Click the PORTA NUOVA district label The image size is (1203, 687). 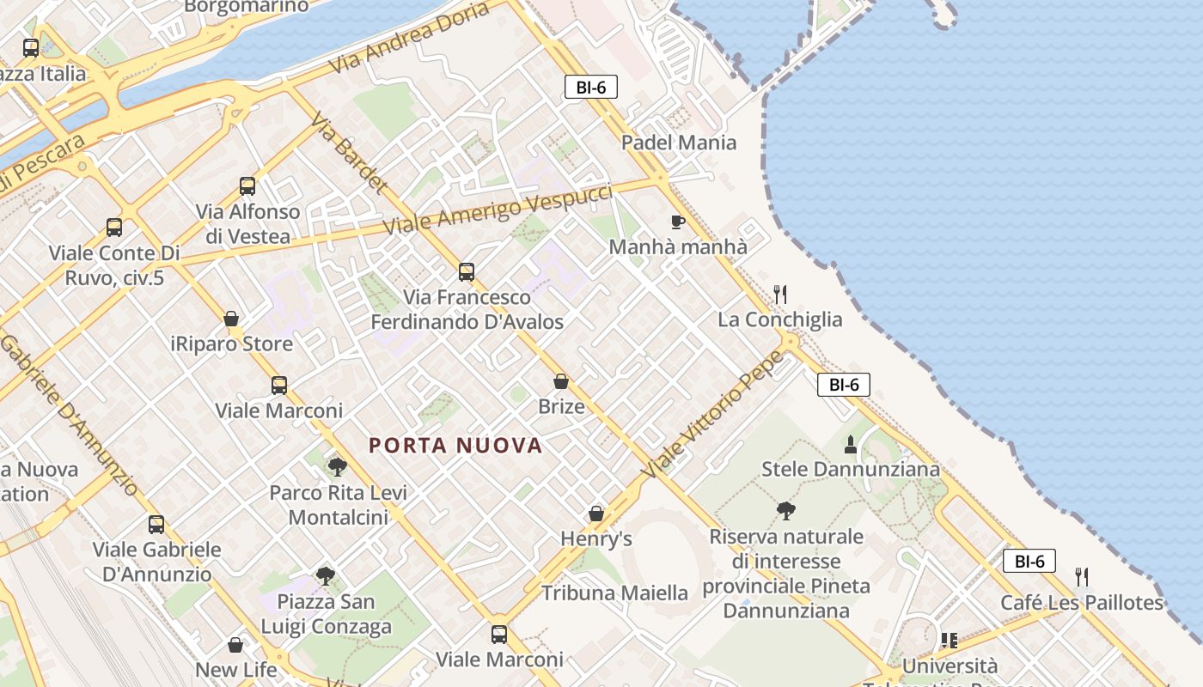tap(455, 446)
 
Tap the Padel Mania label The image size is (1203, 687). tap(679, 143)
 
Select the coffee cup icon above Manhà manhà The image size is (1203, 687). tap(678, 222)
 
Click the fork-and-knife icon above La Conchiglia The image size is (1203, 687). tap(780, 295)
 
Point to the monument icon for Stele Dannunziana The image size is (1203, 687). tap(851, 445)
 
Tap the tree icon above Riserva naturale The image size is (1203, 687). tap(785, 512)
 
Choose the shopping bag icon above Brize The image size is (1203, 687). tap(561, 381)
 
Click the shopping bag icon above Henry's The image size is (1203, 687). tap(596, 514)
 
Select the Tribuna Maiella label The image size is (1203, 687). tap(614, 593)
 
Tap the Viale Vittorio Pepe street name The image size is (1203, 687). tap(713, 416)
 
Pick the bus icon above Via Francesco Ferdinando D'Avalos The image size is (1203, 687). tap(467, 272)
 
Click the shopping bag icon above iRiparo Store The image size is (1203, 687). tap(231, 319)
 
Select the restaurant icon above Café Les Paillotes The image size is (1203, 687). tap(1082, 577)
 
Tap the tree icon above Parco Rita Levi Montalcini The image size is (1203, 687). tap(338, 467)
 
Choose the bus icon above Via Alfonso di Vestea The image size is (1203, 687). tap(247, 185)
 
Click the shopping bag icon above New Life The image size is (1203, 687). tap(235, 644)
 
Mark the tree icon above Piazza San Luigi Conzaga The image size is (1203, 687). tap(325, 576)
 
